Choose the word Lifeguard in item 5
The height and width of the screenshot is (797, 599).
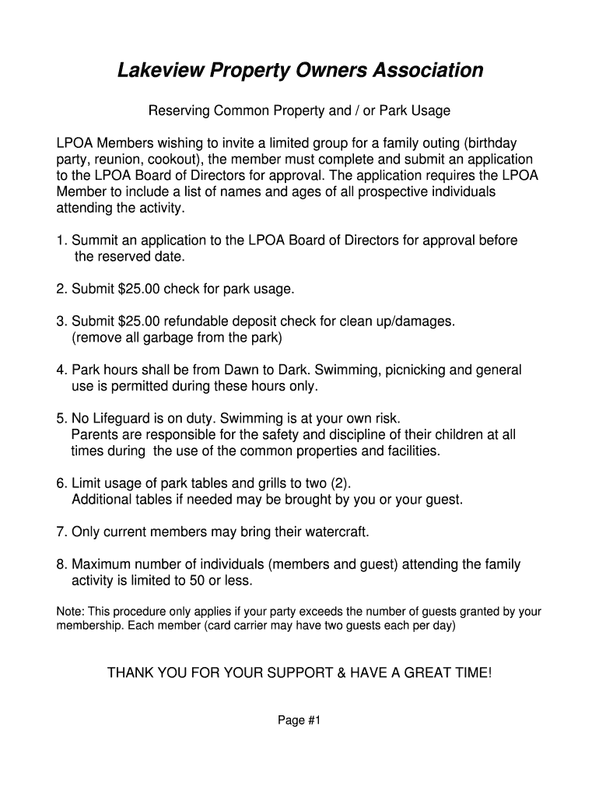[x=122, y=419]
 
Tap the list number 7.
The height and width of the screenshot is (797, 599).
[x=61, y=532]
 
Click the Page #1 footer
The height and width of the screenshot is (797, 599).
[x=299, y=720]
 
